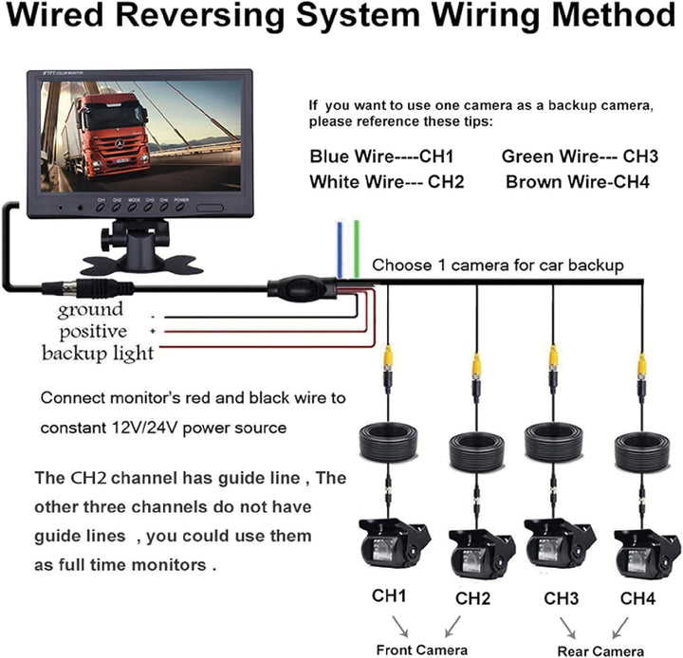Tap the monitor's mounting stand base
coord(143,260)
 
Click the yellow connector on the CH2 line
coord(477,363)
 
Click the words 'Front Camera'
coord(421,649)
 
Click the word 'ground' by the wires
coord(90,310)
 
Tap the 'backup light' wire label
coord(97,354)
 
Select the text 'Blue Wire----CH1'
coord(382,156)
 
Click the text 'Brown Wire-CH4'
coord(578,181)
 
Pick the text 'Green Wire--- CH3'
coord(580,156)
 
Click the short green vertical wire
coord(356,249)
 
